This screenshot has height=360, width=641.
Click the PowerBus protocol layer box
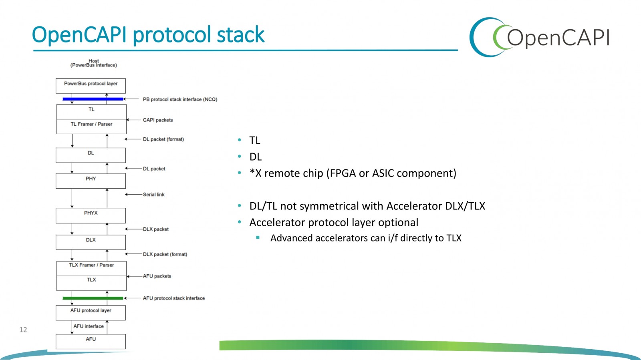pos(91,86)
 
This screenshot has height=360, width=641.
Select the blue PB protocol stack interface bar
pos(93,99)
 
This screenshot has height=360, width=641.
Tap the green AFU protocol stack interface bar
pos(93,298)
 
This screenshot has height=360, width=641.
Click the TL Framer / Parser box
pos(91,127)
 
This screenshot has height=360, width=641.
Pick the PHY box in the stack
pos(91,181)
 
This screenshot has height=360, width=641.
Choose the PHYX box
pos(91,215)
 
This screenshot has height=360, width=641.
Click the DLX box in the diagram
pos(91,242)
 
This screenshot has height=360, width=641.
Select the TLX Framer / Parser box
pos(91,269)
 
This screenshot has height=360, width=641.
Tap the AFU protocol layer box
pos(91,313)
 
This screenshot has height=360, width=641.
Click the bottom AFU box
pos(91,342)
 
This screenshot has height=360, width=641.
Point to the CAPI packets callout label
pos(158,120)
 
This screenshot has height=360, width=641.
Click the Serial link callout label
pos(154,195)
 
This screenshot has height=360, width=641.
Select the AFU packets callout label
pos(157,276)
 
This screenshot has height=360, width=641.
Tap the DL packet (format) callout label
pos(163,139)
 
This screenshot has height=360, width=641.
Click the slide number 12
pos(23,330)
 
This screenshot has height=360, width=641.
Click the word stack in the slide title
pos(240,34)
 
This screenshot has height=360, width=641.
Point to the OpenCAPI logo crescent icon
pos(488,37)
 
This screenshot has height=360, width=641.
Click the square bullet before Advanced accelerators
pos(258,237)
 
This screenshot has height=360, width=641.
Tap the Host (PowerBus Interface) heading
pos(94,63)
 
